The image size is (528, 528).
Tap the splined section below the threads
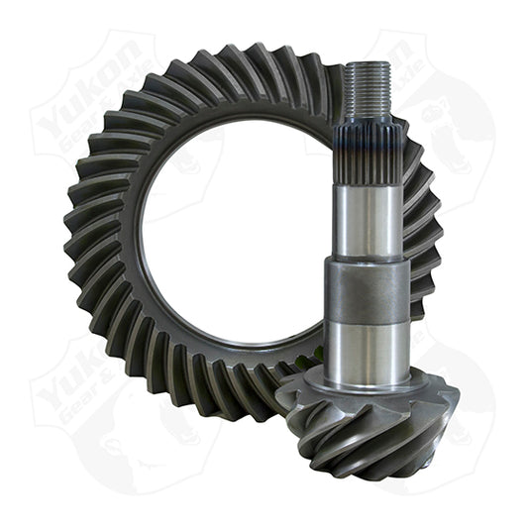coord(366,150)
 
